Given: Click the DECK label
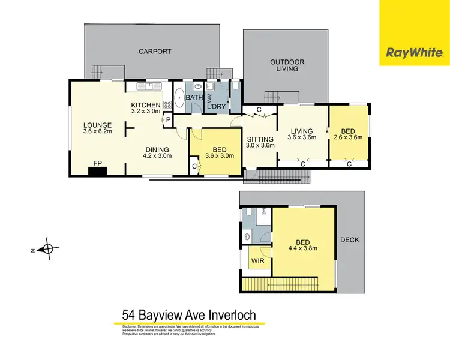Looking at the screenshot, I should coord(349,240).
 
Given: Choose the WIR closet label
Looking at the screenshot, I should coord(258,261).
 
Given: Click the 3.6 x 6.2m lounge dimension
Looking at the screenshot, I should coord(98,132).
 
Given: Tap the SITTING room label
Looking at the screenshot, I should coord(260,138).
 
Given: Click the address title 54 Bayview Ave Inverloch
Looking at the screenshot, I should coord(189,314).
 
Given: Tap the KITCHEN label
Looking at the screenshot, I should coord(146,106).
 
